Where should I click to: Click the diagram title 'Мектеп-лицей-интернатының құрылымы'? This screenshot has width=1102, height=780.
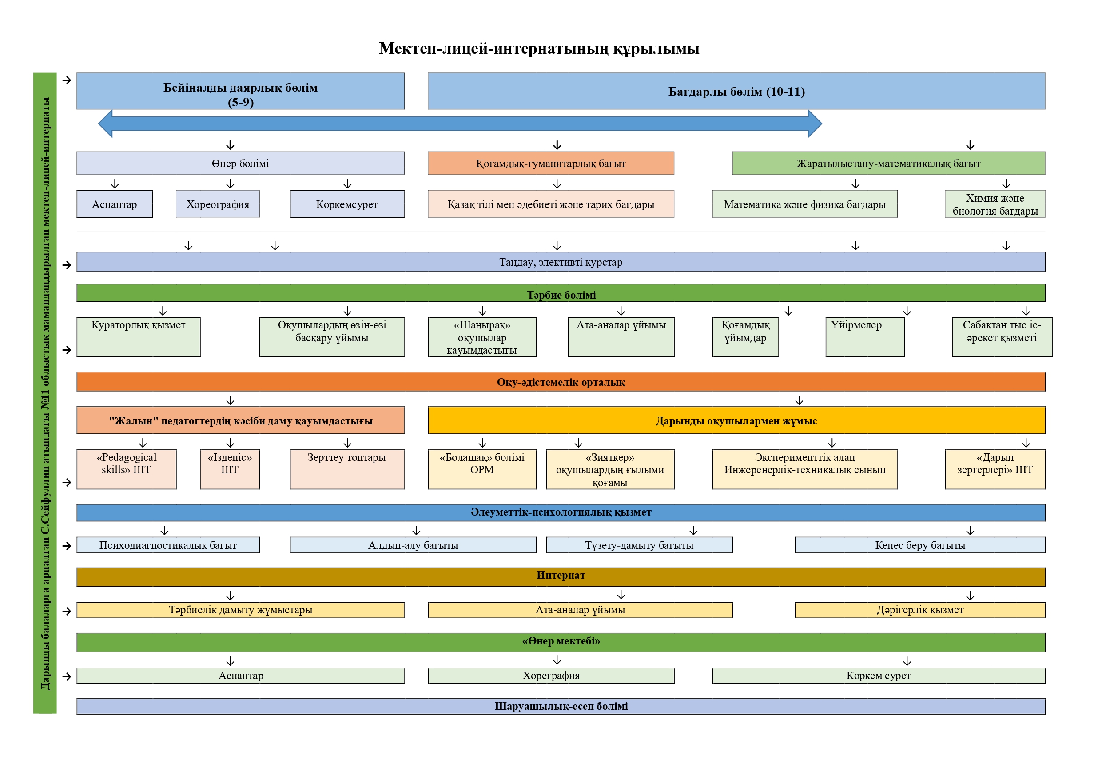click(538, 48)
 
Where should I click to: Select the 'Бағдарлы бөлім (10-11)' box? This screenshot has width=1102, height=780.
click(736, 91)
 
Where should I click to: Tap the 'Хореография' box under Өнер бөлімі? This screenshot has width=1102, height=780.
click(218, 204)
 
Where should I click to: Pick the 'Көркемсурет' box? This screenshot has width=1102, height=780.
click(347, 204)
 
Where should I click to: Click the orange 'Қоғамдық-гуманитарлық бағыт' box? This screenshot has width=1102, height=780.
click(550, 163)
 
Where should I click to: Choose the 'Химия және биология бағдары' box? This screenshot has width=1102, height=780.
click(995, 204)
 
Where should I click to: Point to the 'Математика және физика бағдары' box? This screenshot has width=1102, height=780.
click(804, 204)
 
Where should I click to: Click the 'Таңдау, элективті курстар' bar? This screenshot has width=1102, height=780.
click(561, 262)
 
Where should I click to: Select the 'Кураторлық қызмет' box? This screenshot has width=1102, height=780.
click(138, 337)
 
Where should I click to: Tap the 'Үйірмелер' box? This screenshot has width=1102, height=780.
click(864, 337)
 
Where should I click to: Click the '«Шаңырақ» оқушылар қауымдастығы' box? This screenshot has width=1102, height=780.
click(482, 337)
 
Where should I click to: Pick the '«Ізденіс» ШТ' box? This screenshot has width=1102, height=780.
click(230, 469)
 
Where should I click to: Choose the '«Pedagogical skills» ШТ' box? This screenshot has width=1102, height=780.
click(126, 469)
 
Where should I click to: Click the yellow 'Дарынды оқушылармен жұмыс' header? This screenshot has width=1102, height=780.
click(736, 421)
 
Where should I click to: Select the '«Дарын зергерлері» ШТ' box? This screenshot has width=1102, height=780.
click(995, 469)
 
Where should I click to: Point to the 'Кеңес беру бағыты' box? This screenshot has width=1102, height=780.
click(919, 545)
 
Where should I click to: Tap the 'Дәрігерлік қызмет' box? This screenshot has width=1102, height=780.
click(919, 610)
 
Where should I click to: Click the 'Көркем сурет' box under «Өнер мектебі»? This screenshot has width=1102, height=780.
click(878, 676)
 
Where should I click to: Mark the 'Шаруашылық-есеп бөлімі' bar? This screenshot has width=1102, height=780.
click(561, 707)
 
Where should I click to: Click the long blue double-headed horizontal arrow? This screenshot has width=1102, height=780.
click(460, 124)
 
